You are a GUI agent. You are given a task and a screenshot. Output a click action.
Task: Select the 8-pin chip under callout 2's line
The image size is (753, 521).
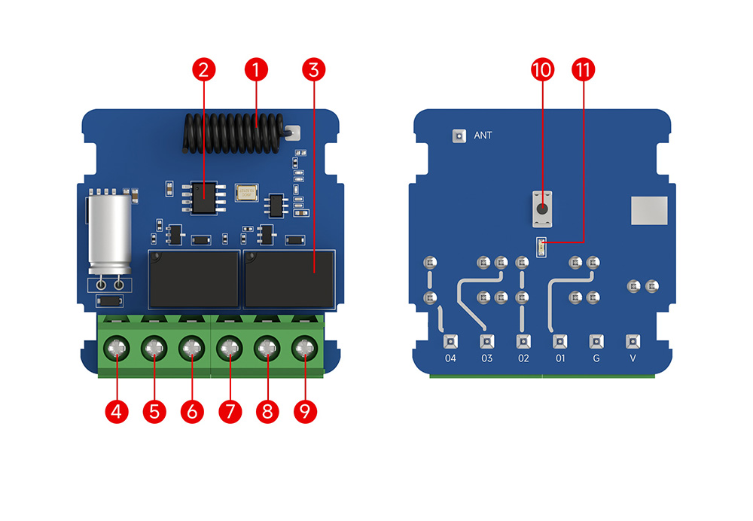pyautogui.click(x=202, y=197)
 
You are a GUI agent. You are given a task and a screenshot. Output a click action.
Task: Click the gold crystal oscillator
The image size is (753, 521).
pyautogui.click(x=246, y=193)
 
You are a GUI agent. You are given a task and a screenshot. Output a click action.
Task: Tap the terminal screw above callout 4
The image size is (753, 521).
pyautogui.click(x=117, y=349)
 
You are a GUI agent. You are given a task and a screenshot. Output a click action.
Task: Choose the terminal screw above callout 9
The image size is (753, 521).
pyautogui.click(x=304, y=349)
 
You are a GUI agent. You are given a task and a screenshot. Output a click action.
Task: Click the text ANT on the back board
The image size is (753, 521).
pyautogui.click(x=483, y=136)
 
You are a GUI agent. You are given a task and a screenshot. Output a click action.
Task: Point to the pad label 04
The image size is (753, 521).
pyautogui.click(x=450, y=358)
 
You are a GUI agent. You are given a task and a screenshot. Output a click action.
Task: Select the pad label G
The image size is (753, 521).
pyautogui.click(x=596, y=358)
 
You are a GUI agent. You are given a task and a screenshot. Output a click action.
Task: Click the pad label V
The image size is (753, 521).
pyautogui.click(x=633, y=358)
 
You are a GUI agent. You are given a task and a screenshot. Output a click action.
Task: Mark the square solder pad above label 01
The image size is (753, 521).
pyautogui.click(x=559, y=340)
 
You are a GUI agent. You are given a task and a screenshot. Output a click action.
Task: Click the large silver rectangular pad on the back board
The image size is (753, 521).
pyautogui.click(x=649, y=211)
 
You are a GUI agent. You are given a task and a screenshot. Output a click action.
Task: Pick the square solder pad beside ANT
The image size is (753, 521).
pyautogui.click(x=456, y=136)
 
